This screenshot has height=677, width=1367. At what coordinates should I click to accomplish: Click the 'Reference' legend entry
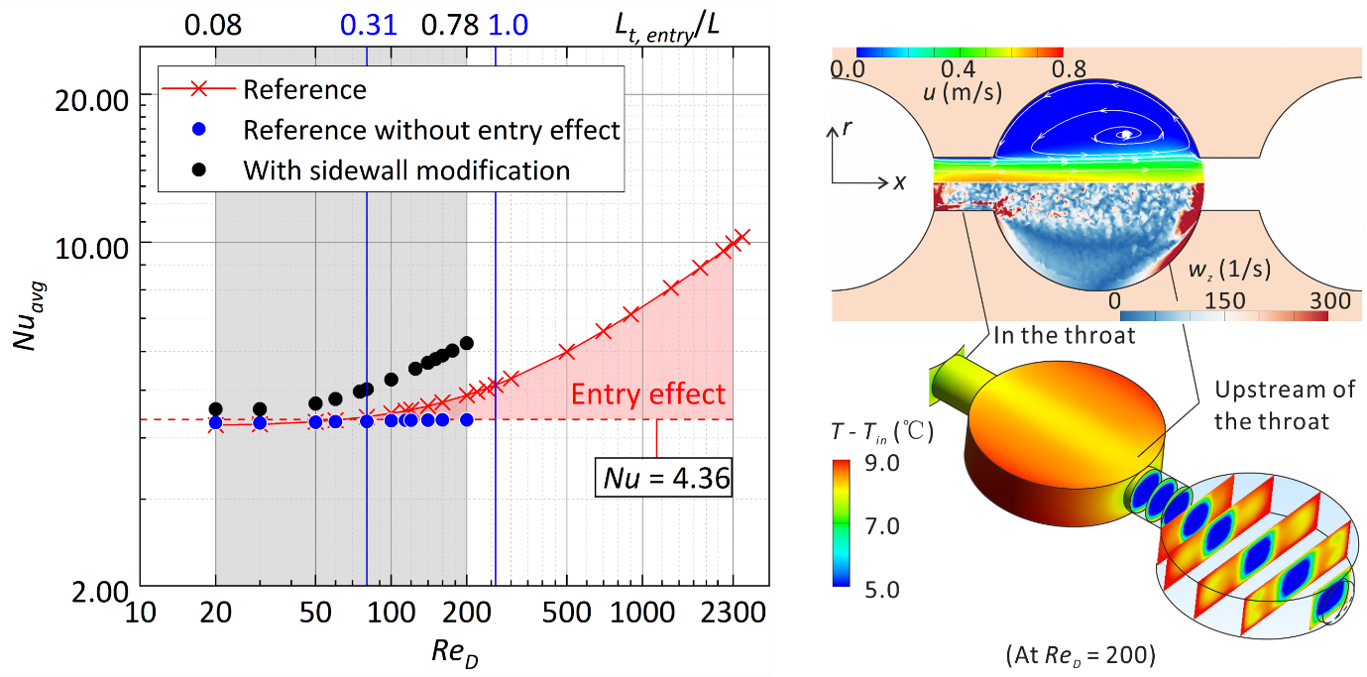click(304, 89)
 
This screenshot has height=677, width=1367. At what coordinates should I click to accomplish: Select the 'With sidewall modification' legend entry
click(406, 169)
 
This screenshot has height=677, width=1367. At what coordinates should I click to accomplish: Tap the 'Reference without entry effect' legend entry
click(431, 130)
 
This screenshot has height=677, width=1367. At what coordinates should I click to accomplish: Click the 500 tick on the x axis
click(567, 616)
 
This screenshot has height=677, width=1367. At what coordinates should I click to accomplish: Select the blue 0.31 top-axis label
click(368, 25)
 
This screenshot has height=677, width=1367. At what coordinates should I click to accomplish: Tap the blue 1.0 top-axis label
click(509, 25)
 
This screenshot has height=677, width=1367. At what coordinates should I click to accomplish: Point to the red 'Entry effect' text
click(648, 394)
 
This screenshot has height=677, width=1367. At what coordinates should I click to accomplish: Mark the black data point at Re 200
click(467, 343)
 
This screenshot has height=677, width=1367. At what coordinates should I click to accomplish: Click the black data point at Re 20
click(215, 408)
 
